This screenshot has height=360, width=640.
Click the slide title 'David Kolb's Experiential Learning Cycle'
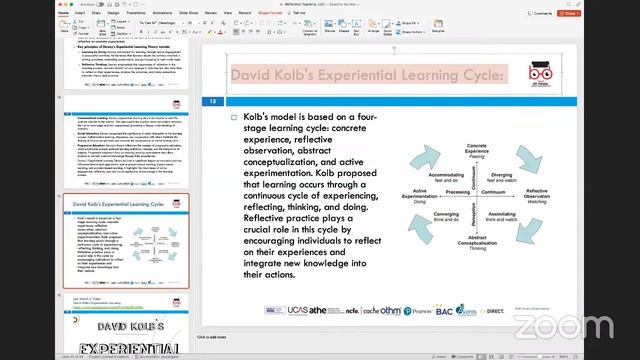point(365,75)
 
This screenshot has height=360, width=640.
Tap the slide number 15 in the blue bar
point(212,101)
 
